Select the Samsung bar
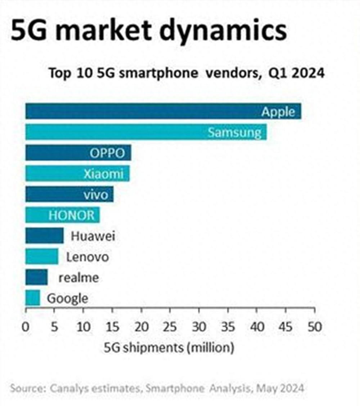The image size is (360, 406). (146, 132)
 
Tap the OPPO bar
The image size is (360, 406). (78, 153)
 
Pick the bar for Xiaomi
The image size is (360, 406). (77, 174)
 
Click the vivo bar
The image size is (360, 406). (69, 195)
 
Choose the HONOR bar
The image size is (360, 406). (62, 215)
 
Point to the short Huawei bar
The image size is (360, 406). (44, 236)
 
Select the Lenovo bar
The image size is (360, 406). (42, 257)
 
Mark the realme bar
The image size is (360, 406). (36, 278)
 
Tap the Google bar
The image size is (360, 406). (32, 298)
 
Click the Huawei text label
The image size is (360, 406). (93, 236)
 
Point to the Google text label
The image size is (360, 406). (68, 299)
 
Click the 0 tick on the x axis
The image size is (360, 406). (26, 327)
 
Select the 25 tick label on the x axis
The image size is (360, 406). (170, 327)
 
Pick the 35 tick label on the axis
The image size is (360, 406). (228, 327)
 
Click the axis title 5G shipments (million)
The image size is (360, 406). (169, 348)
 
